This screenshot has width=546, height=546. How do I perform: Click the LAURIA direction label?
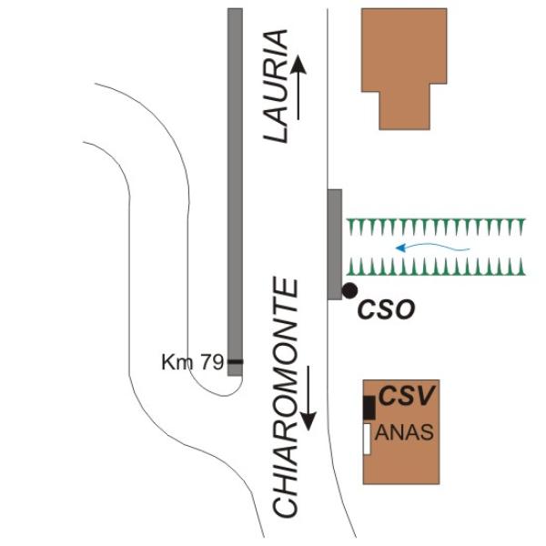coord(276,86)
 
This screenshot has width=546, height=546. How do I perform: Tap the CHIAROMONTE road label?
coord(286,398)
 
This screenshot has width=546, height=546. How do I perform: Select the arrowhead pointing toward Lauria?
coord(298,66)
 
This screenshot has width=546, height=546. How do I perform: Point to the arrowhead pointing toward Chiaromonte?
coord(308,420)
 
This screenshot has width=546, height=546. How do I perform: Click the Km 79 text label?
coord(192,362)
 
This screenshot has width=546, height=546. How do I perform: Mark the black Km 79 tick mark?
coord(236,362)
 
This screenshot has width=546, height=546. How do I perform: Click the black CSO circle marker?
coord(349,290)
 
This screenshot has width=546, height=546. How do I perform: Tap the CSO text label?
coord(387,309)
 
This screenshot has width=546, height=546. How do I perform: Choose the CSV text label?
coord(407,396)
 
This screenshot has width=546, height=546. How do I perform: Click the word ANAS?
coord(404,432)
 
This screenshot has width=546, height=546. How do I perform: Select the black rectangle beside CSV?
coord(369,408)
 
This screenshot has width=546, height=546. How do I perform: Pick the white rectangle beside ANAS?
coord(367,439)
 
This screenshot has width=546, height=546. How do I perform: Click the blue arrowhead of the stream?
coord(401,248)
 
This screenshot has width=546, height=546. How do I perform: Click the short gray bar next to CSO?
coord(335,245)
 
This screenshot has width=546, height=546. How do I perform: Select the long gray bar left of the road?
coord(235,192)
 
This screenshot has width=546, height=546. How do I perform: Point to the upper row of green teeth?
coord(436,226)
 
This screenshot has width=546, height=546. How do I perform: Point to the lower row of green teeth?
coord(436,267)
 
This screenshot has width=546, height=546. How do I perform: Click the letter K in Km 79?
coord(167,362)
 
